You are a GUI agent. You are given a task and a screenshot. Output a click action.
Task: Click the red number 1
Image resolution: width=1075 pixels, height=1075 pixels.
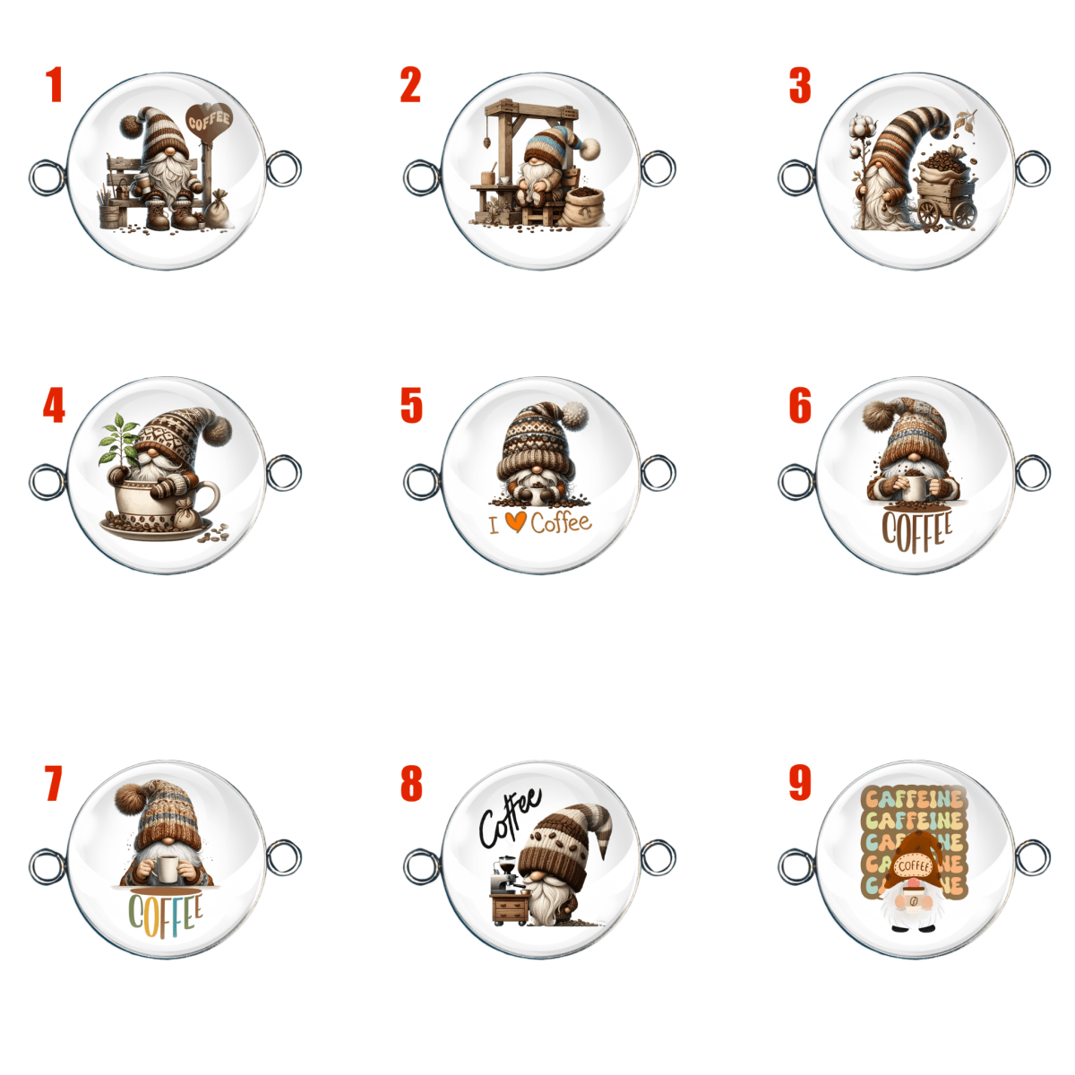[54, 85]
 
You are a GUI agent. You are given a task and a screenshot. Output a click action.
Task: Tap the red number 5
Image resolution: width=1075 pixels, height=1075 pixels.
[411, 405]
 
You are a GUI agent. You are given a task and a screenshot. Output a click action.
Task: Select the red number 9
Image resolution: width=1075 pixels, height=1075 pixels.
[799, 782]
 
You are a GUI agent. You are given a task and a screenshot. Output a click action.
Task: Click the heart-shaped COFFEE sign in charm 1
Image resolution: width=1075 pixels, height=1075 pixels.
[209, 121]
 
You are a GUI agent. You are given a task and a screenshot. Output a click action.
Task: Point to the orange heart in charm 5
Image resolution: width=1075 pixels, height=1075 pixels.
[515, 521]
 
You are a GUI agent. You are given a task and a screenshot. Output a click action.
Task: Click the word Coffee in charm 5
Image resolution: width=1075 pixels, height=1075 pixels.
[561, 522]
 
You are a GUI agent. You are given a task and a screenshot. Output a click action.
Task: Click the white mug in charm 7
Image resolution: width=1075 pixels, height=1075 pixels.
[167, 870]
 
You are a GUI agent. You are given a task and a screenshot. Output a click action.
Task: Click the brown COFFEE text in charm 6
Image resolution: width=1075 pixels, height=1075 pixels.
[916, 531]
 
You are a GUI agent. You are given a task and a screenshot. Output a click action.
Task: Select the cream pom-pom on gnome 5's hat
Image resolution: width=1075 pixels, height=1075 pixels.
[574, 415]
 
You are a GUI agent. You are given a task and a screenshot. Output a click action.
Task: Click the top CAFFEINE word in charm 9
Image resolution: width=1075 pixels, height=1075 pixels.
[915, 799]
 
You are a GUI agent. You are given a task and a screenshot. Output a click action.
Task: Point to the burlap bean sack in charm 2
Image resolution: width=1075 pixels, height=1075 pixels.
[582, 206]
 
